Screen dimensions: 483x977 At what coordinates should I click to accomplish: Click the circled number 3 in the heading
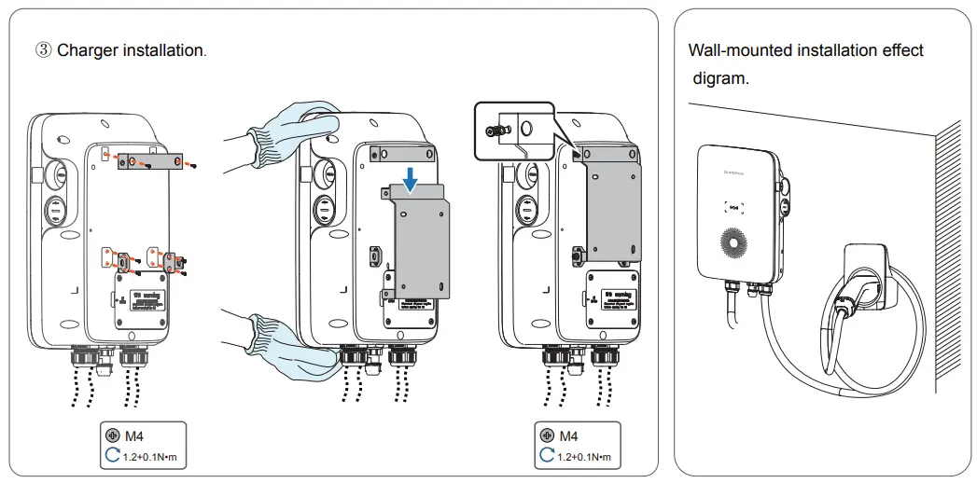(x=44, y=50)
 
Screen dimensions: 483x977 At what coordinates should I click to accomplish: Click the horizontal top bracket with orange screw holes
(x=150, y=162)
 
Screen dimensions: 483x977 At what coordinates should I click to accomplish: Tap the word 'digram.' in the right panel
(x=720, y=78)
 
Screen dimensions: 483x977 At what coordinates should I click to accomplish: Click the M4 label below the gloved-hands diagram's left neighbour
(x=134, y=435)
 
